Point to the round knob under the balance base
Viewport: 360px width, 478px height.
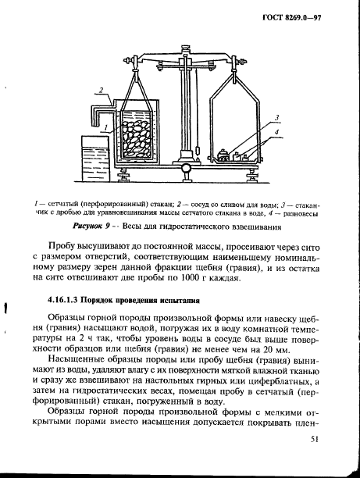click(x=187, y=168)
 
